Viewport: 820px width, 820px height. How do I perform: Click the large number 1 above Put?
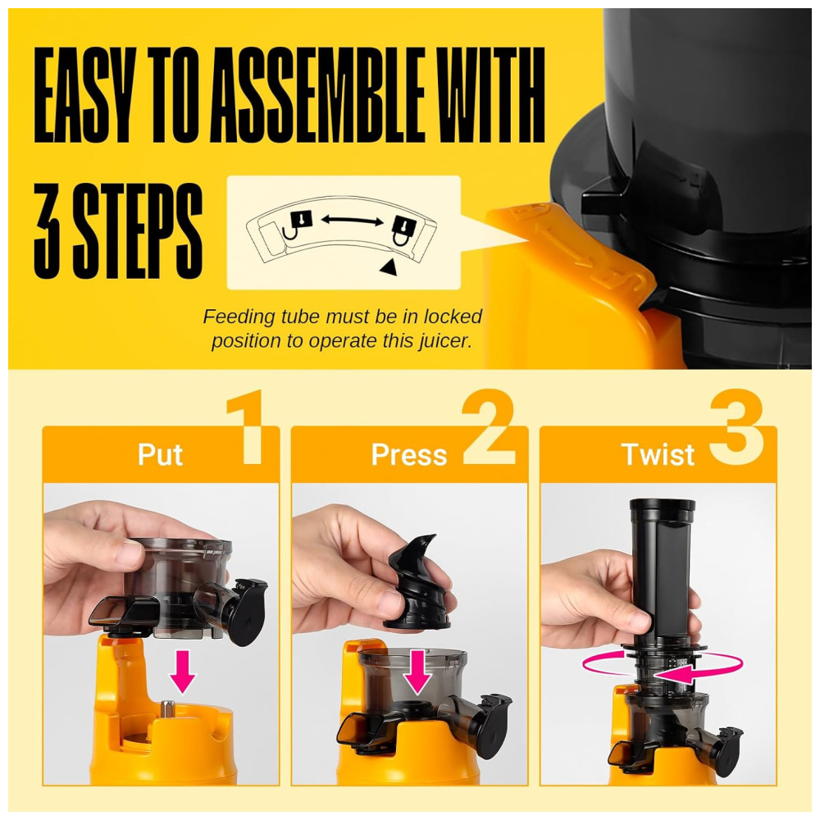coord(246,426)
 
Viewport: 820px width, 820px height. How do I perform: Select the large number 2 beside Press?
coord(489,426)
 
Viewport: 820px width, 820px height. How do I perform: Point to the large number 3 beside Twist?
coord(736,426)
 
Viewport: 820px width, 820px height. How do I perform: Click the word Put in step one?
coord(160,454)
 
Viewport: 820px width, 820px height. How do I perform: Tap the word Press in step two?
coord(409,454)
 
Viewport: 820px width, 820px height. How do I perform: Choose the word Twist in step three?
coord(658,454)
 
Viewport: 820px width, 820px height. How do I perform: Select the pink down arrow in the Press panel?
coord(418,672)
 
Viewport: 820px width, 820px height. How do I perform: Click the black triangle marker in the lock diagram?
coord(389,267)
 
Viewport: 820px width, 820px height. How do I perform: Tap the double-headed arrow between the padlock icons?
coord(352,221)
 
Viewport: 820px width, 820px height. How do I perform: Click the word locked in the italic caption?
coord(453,317)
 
